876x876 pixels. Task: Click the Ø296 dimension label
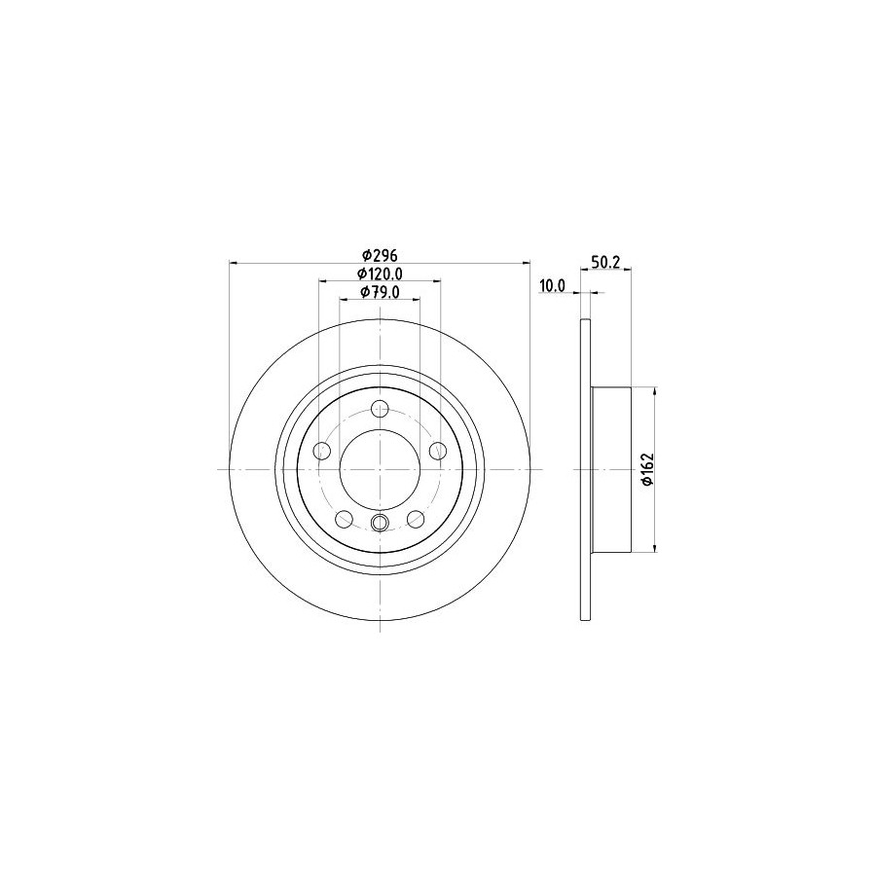coord(380,255)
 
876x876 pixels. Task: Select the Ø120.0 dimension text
coord(380,274)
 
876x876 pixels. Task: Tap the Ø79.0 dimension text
coord(380,292)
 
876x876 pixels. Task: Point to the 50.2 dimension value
coord(605,262)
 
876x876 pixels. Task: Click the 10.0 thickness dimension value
coord(553,286)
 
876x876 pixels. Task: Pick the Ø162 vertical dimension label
coord(647,469)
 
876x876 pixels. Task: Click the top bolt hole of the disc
coord(380,409)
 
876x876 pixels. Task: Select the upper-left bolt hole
coord(322,451)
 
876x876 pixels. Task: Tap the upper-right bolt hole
coord(438,451)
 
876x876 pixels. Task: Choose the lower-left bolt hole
coord(345,519)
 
